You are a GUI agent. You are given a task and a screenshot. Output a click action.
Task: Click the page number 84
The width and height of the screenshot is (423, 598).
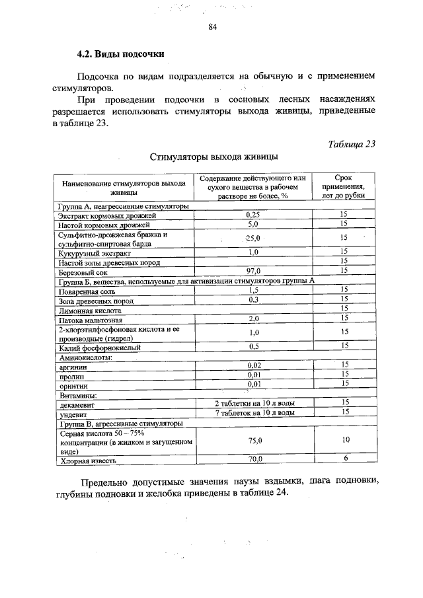click(x=212, y=27)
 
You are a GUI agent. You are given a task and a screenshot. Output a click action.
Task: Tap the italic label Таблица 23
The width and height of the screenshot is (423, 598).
click(x=351, y=145)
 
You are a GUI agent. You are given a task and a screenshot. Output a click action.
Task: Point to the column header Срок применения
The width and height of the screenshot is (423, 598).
click(x=343, y=187)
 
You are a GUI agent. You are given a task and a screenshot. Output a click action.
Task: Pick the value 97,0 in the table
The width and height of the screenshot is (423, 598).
click(x=253, y=271)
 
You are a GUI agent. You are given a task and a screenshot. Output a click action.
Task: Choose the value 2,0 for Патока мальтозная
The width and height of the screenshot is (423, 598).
click(x=253, y=318)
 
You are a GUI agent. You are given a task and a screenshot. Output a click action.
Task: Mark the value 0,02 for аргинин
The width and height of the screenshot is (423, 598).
click(x=253, y=365)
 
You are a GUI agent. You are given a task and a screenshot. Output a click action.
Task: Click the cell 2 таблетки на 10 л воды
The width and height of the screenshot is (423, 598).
click(x=254, y=402)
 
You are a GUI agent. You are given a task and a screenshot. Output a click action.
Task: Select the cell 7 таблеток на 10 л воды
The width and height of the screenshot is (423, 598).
click(x=254, y=412)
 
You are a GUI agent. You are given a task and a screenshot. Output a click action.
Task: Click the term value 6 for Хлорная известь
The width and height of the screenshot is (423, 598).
click(x=344, y=459)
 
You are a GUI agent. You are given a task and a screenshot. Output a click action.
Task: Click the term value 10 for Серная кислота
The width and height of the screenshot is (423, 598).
click(x=344, y=440)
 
